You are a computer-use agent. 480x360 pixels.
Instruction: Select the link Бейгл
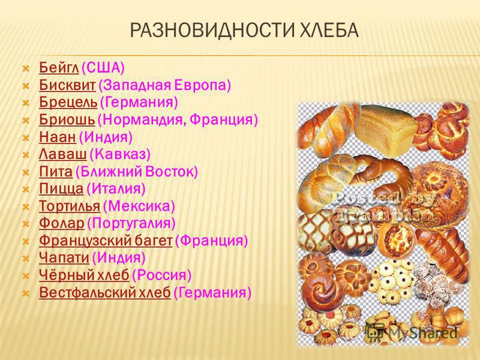[59, 67]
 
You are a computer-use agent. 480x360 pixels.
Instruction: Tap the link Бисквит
[67, 85]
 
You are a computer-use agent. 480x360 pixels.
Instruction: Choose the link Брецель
[68, 102]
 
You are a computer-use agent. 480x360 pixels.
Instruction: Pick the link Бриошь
[67, 119]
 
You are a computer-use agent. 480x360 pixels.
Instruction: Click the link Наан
[57, 137]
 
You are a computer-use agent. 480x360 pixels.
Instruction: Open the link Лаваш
[63, 154]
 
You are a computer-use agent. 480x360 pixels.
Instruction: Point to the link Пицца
[61, 188]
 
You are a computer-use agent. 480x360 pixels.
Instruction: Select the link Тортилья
[70, 206]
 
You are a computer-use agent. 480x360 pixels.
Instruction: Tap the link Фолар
[62, 223]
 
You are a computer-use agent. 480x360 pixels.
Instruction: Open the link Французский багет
[106, 241]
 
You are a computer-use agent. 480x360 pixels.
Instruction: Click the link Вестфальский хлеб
[105, 292]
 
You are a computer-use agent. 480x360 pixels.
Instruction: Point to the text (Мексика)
[139, 206]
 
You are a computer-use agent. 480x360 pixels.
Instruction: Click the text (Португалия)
[131, 223]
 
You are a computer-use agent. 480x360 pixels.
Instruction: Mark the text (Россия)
[161, 275]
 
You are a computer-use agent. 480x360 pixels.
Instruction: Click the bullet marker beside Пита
[26, 172]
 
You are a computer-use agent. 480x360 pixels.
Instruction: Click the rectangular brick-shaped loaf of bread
[386, 131]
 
